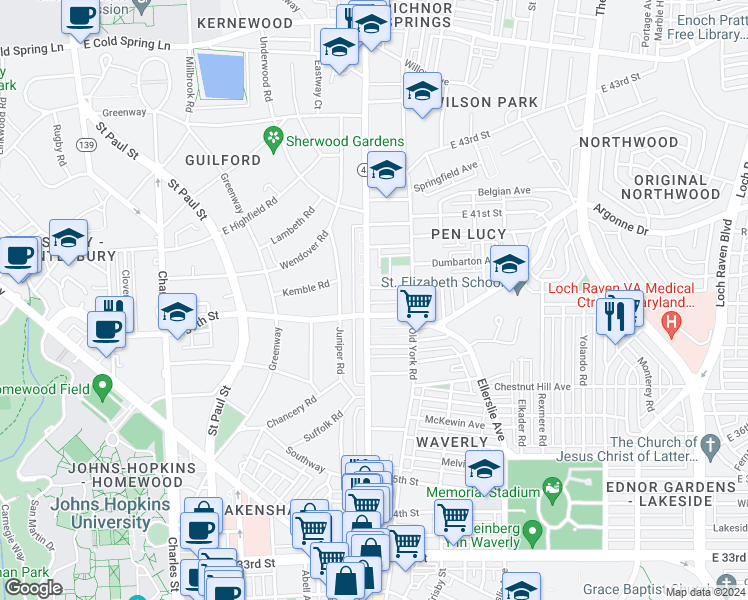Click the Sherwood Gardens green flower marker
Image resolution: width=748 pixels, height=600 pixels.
pyautogui.click(x=271, y=136)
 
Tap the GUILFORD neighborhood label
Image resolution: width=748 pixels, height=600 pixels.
pyautogui.click(x=222, y=160)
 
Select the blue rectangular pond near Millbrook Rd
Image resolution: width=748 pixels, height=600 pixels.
pyautogui.click(x=221, y=76)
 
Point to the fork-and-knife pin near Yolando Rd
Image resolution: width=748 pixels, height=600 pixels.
pyautogui.click(x=612, y=317)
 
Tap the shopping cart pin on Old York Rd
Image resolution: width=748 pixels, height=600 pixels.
pyautogui.click(x=416, y=302)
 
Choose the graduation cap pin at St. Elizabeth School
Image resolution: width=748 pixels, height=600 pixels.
pyautogui.click(x=509, y=266)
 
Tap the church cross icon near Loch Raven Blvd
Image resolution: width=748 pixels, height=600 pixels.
pyautogui.click(x=710, y=444)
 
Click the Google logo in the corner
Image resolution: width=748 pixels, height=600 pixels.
pyautogui.click(x=33, y=588)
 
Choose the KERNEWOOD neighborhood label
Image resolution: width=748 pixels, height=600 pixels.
pyautogui.click(x=245, y=22)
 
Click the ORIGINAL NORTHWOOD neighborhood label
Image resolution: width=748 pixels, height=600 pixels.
pyautogui.click(x=670, y=187)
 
